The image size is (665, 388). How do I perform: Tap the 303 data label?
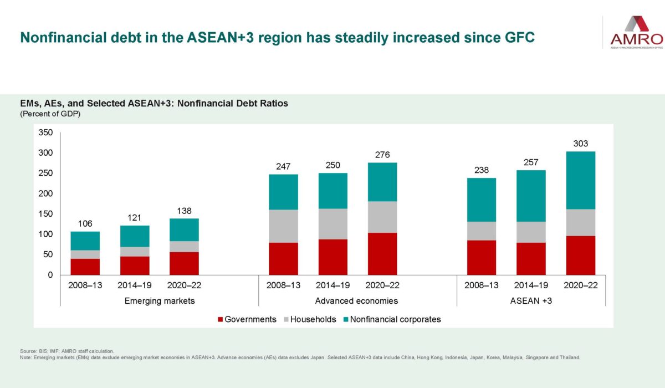pos(581,144)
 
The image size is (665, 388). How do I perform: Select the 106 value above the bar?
pos(85,223)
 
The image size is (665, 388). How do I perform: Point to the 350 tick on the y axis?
pos(45,132)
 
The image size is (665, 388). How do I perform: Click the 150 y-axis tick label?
pos(45,214)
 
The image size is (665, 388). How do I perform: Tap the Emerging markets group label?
pos(159,301)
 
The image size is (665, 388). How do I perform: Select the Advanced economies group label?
pos(357,301)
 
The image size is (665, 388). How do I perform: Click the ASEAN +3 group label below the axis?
pos(531,301)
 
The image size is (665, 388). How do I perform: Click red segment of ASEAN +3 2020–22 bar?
pos(581,256)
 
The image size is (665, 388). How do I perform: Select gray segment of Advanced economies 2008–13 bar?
pos(283,226)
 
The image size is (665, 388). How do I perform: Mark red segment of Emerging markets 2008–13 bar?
pos(85,267)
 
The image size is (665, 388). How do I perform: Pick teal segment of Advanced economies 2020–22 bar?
pos(382,182)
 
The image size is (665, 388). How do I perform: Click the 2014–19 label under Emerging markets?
pos(134,285)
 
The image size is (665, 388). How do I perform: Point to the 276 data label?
pos(382,154)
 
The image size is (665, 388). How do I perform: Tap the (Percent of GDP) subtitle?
pos(50,114)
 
